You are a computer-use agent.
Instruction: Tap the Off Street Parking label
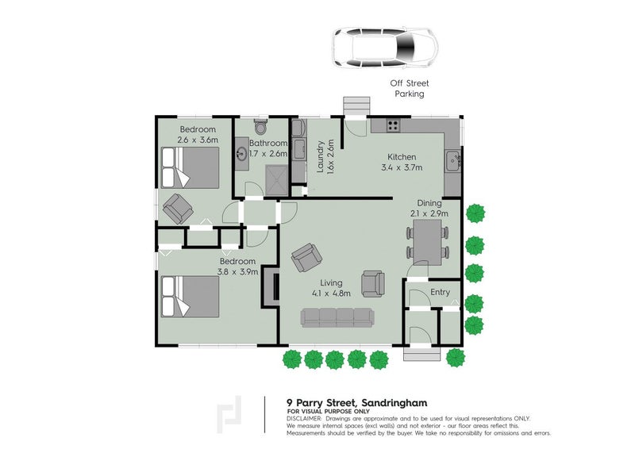pyautogui.click(x=410, y=88)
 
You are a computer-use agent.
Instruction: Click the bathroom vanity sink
pyautogui.click(x=242, y=154)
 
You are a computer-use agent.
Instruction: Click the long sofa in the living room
pyautogui.click(x=337, y=318)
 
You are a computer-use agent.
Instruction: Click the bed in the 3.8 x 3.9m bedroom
pyautogui.click(x=190, y=296)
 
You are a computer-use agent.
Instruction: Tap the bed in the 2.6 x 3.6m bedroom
pyautogui.click(x=190, y=167)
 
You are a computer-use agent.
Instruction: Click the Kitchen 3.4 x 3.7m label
pyautogui.click(x=402, y=162)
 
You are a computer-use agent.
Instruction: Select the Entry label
pyautogui.click(x=440, y=292)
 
